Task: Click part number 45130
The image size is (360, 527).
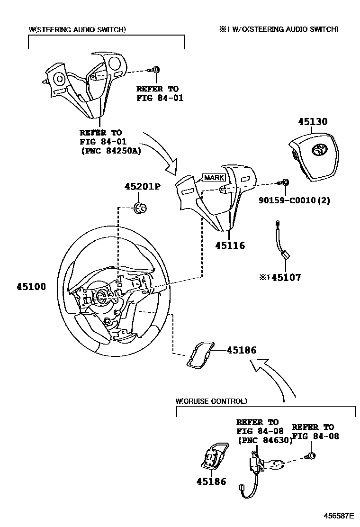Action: (312, 122)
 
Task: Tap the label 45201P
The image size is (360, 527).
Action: (143, 187)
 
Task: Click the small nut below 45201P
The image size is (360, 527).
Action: (141, 208)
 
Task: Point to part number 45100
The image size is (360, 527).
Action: (31, 286)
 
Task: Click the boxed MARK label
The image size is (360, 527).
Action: (214, 178)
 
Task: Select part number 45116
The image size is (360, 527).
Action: (230, 245)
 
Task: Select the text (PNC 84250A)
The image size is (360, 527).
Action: (111, 151)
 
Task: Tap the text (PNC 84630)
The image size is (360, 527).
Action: (265, 440)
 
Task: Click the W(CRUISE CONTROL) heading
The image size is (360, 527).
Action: (211, 401)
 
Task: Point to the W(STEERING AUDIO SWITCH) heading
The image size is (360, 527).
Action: (77, 29)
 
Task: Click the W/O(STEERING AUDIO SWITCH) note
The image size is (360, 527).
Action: (279, 29)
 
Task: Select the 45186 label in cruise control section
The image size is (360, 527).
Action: (211, 482)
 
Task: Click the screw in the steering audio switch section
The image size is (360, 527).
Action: (156, 70)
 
